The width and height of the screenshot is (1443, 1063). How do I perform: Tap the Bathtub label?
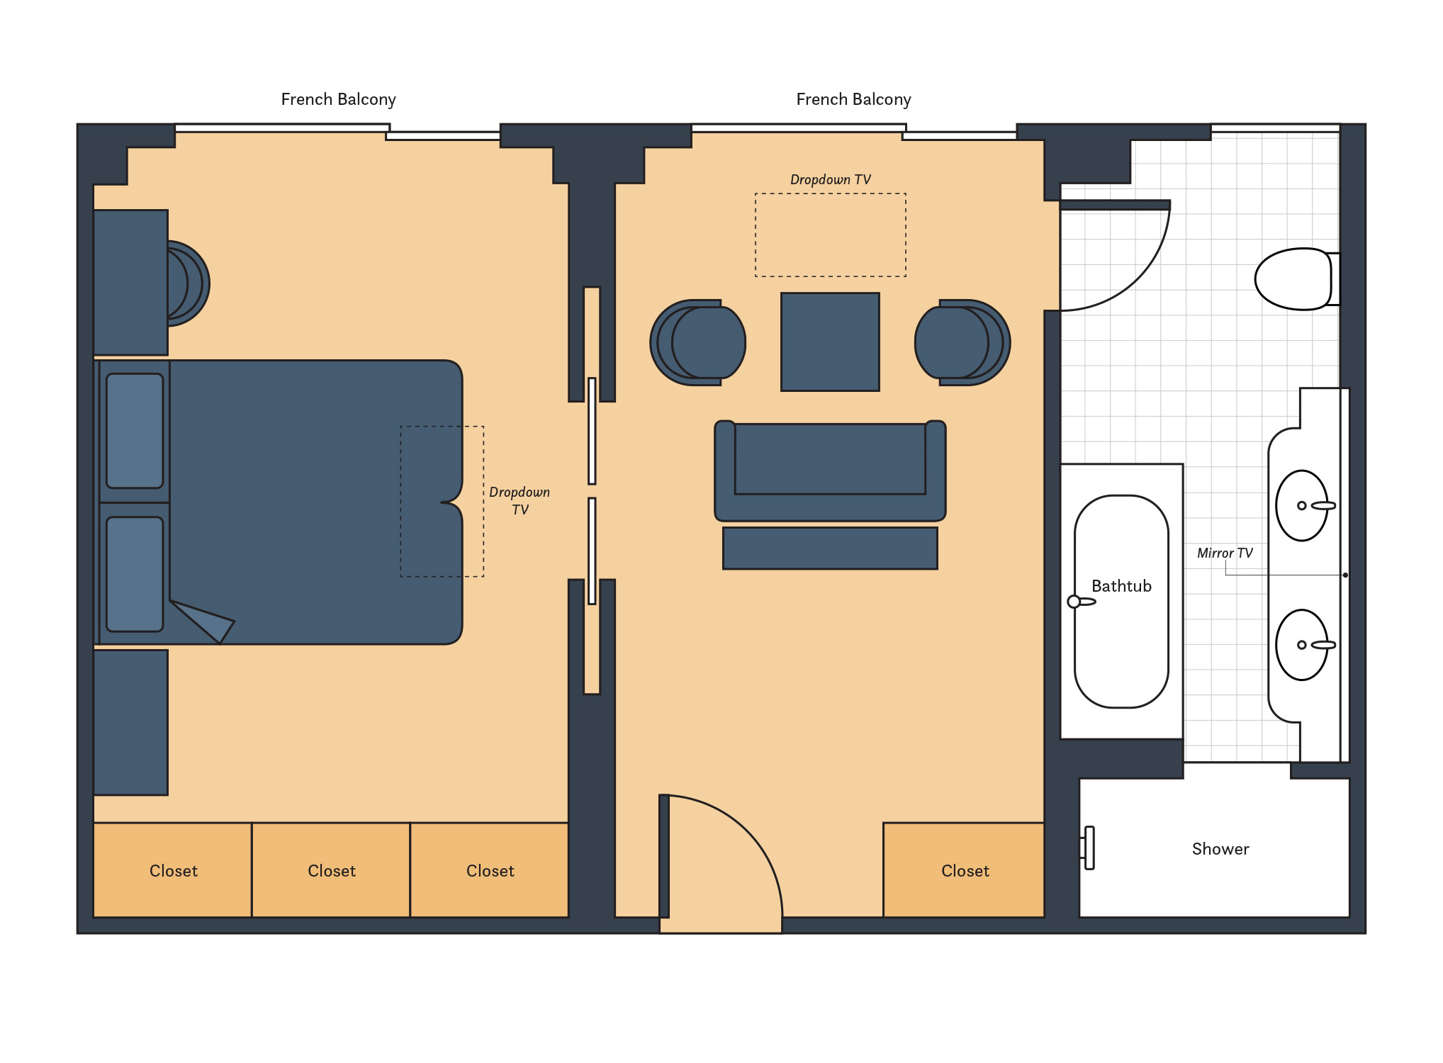tap(1121, 586)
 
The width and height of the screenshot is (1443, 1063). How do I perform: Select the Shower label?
tap(1220, 849)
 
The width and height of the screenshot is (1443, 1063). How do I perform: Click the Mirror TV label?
tap(1224, 553)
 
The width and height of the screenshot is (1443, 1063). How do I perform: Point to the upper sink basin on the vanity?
tap(1301, 505)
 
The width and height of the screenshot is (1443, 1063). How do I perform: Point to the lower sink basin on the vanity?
tap(1301, 645)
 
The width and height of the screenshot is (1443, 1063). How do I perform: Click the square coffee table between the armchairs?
tap(830, 342)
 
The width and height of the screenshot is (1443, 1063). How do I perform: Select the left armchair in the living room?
tap(697, 342)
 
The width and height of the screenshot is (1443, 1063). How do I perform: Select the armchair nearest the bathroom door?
tap(962, 342)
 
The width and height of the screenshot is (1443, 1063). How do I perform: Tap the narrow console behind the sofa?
tap(830, 548)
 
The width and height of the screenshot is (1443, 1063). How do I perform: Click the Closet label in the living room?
tap(964, 871)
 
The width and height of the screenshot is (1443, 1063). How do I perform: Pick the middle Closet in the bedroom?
tap(331, 871)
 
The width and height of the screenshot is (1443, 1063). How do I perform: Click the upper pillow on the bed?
tap(135, 431)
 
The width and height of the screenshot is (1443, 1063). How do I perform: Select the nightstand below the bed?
tap(130, 722)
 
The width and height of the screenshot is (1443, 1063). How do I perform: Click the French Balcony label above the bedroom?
tap(338, 99)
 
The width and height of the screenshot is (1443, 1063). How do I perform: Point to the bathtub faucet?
tap(1080, 602)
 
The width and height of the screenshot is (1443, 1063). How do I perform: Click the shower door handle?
tap(1089, 848)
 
